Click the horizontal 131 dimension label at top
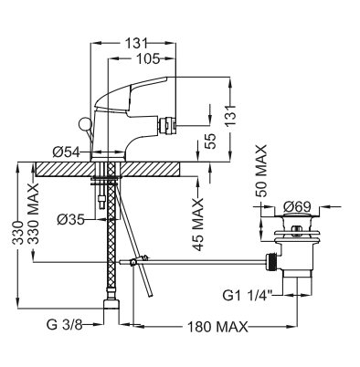136,43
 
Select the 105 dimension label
148,58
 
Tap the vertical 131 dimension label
230,116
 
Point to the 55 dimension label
210,141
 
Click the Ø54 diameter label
67,152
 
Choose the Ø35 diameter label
70,219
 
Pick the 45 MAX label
198,225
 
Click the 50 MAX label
261,171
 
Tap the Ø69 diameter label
297,207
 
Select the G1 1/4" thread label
248,296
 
